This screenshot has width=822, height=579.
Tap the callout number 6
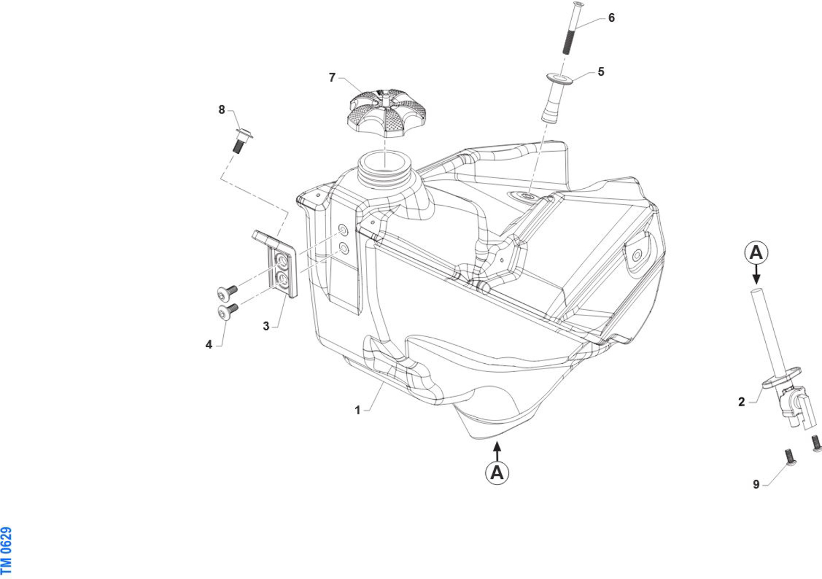(611, 18)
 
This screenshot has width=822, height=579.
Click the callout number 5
(600, 72)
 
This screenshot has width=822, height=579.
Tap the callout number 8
(222, 110)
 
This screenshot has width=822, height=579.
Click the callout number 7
(332, 78)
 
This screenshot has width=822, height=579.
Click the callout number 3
(266, 326)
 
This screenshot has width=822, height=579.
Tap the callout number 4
(208, 345)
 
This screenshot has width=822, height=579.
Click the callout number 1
(357, 410)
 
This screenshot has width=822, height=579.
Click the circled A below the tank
(497, 471)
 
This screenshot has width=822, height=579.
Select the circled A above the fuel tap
(756, 252)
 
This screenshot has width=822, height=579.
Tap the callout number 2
(741, 402)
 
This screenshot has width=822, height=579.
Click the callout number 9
(756, 484)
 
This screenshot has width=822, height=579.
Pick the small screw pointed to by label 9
(789, 457)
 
